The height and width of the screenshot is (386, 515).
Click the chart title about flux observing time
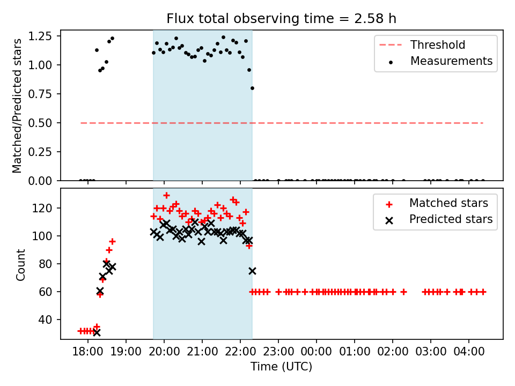coord(281,19)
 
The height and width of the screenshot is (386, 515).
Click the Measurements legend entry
coord(451,61)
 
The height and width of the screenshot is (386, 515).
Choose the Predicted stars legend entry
coord(451,219)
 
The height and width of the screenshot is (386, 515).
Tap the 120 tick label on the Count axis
coord(45,208)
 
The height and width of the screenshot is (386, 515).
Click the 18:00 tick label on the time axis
coord(88,353)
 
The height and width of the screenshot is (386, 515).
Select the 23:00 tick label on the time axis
coord(278,353)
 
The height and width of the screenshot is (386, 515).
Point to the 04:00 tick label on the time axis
coord(469,353)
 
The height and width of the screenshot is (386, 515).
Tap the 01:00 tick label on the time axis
coord(355,353)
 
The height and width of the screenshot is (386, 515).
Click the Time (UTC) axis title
coord(281,367)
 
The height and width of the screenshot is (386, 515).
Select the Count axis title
coord(21,264)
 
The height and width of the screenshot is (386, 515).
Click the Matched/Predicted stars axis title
coord(18,106)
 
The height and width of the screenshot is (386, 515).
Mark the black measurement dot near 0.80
coord(252,88)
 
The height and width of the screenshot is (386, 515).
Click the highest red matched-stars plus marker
coord(166,195)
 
